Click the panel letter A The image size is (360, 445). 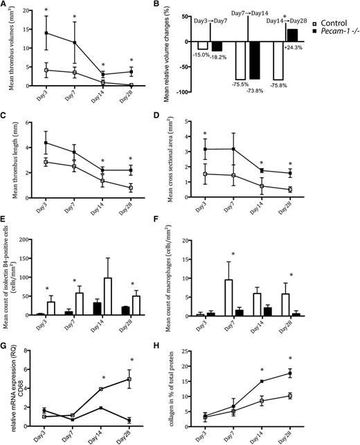[5, 5]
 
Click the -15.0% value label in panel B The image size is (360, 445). [201, 55]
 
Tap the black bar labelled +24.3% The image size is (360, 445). [292, 35]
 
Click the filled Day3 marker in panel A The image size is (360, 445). [46, 33]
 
